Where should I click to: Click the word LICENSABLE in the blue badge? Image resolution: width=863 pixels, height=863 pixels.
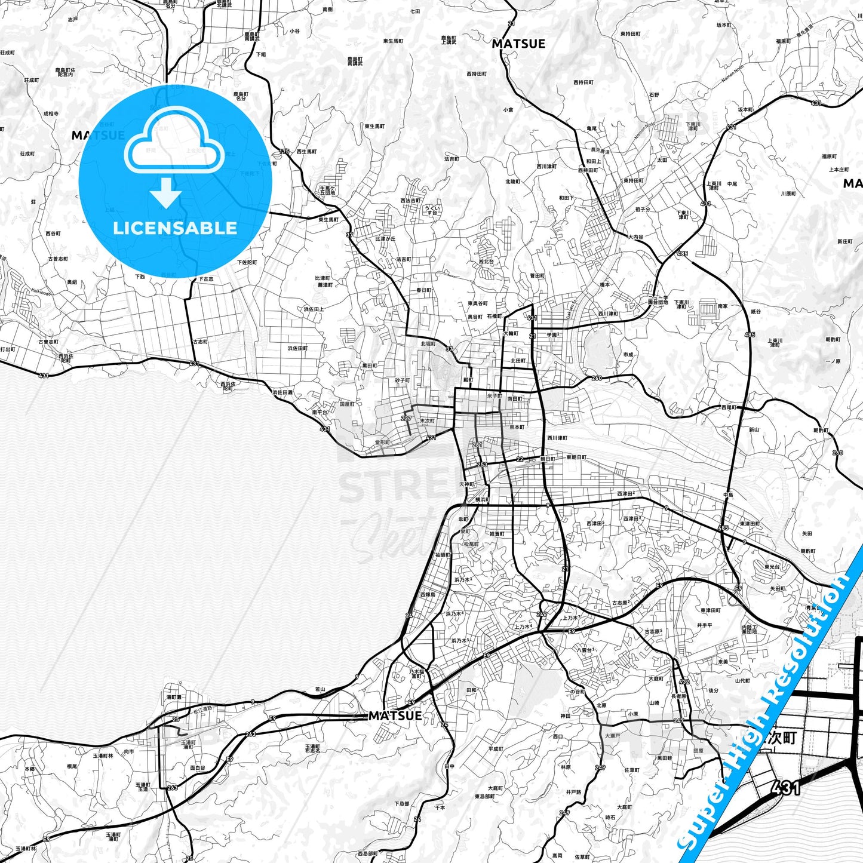[175, 228]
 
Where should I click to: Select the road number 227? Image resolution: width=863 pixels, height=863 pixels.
[407, 419]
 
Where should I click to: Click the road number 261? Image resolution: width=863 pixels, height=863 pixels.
[477, 444]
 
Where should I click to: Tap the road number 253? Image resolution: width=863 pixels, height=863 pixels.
[482, 465]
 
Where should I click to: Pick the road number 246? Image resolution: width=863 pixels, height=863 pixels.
[542, 614]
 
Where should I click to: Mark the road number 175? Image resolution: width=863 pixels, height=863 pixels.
[284, 152]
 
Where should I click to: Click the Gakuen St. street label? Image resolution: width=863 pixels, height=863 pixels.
[570, 308]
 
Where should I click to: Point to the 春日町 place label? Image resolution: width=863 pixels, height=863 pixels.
[423, 290]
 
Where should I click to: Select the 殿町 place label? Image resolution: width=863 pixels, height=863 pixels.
[468, 380]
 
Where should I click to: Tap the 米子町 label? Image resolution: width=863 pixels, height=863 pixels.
[494, 395]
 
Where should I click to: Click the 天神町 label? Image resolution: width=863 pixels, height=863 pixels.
[466, 484]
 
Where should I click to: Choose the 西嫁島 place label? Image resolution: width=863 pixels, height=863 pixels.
[427, 595]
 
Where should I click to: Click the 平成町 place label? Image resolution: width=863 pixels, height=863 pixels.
[496, 748]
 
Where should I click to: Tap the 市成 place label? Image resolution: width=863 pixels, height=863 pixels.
[628, 354]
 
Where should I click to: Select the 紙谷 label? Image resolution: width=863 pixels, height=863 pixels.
[755, 311]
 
